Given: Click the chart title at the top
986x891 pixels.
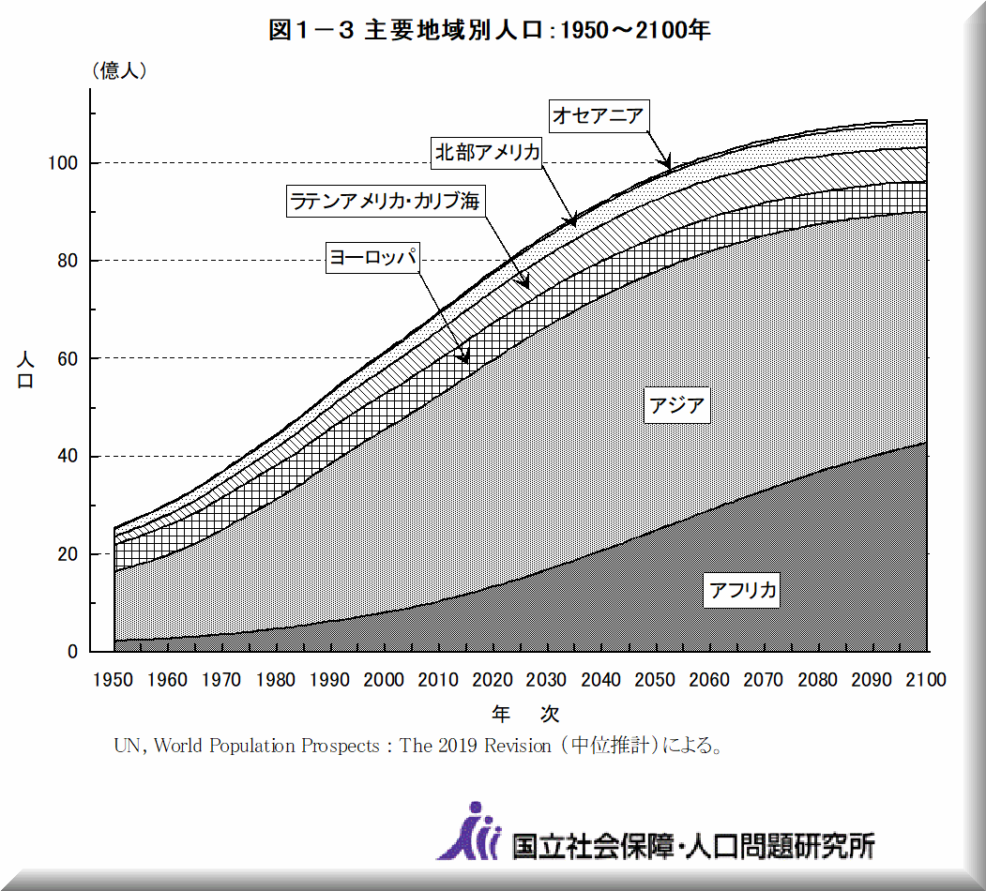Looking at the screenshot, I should pyautogui.click(x=489, y=30).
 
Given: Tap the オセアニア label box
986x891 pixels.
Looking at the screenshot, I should pyautogui.click(x=598, y=115).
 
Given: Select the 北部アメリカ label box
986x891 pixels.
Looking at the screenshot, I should pyautogui.click(x=488, y=153).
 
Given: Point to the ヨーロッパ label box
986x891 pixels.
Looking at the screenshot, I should pyautogui.click(x=372, y=258).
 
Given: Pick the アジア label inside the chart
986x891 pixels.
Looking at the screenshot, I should pyautogui.click(x=675, y=406).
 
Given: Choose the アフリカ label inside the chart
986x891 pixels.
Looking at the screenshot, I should pyautogui.click(x=742, y=590).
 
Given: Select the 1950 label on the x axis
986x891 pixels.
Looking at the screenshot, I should pyautogui.click(x=114, y=680).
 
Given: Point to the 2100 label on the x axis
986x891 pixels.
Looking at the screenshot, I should pyautogui.click(x=926, y=680).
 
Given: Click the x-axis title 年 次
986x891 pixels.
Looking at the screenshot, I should pyautogui.click(x=525, y=714).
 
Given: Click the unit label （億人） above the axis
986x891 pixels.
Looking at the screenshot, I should pyautogui.click(x=117, y=70).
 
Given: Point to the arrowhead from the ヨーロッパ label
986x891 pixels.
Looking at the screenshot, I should pyautogui.click(x=465, y=359).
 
